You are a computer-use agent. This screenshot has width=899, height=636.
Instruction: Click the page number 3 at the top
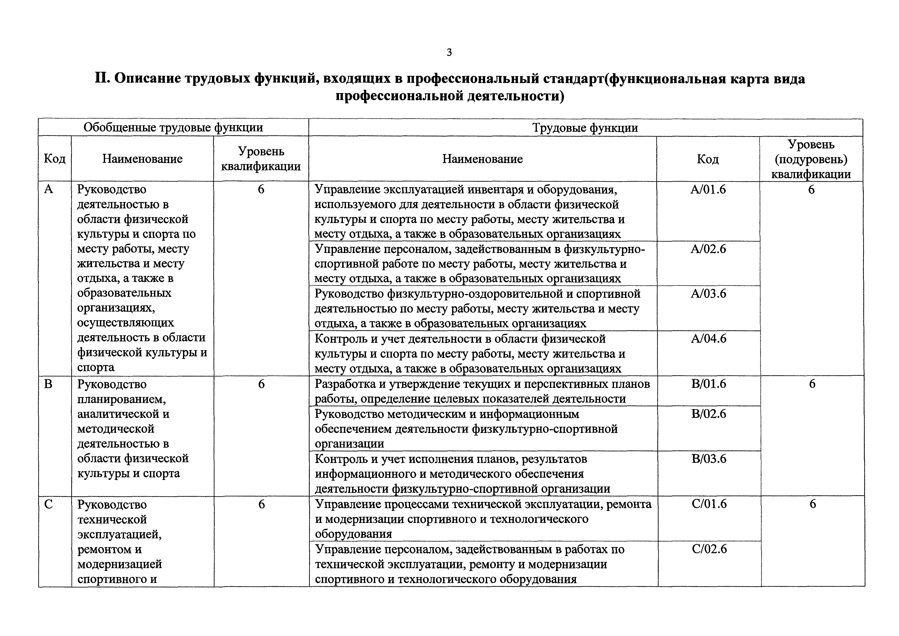449,52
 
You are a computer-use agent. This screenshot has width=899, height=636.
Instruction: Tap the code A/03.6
708,294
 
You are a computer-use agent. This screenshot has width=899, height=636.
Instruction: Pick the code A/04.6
708,338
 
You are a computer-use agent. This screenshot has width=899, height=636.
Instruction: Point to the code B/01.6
709,384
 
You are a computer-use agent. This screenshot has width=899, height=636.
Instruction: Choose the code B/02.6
709,414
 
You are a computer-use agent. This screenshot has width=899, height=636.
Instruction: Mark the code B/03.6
709,459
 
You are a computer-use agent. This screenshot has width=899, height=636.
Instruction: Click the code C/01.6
709,504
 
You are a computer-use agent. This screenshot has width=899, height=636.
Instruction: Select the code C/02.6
709,549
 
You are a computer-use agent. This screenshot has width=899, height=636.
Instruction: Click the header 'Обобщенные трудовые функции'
173,127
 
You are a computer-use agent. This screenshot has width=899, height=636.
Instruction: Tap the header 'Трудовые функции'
585,128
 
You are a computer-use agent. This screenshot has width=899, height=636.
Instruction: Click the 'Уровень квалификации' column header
261,159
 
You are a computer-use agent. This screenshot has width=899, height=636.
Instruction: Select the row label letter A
48,189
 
